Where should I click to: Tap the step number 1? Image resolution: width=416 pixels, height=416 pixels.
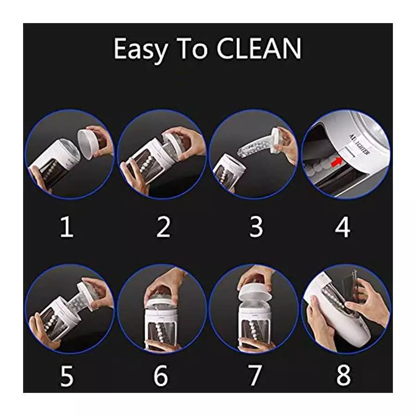67,227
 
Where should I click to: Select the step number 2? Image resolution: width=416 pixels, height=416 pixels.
163,227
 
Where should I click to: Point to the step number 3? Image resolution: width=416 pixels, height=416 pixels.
256,227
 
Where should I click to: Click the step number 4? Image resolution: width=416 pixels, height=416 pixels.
343,227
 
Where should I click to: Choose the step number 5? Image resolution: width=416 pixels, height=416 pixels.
67,377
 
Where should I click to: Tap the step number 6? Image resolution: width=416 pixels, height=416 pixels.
160,377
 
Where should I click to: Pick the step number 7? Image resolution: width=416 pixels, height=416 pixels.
255,377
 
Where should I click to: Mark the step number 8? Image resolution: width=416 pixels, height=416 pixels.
343,377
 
